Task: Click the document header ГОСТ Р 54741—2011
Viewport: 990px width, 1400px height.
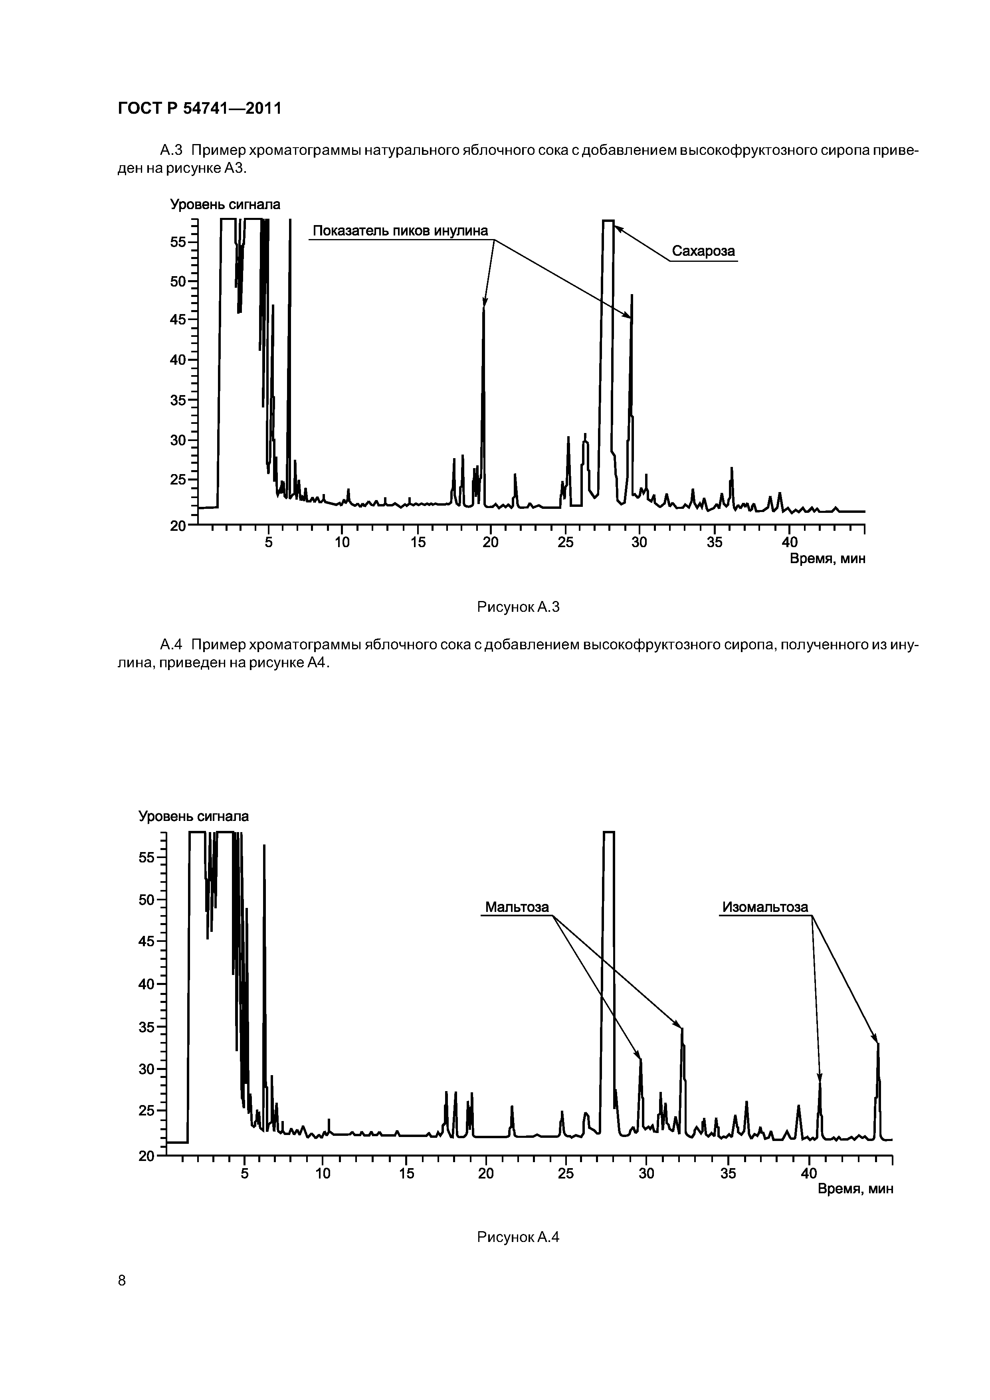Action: point(200,109)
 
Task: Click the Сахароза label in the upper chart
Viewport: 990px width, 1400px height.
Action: point(703,251)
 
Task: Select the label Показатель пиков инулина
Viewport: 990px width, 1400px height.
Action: point(400,231)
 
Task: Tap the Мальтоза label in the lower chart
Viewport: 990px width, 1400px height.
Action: point(517,907)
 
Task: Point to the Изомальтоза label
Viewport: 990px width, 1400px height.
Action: point(765,907)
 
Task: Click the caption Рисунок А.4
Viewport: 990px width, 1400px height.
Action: point(518,1237)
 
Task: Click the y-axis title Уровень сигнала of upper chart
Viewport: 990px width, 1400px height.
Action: point(225,205)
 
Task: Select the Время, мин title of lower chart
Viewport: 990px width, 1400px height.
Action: point(855,1189)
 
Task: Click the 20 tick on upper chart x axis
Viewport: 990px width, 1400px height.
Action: point(491,542)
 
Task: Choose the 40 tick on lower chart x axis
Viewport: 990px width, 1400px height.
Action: point(809,1173)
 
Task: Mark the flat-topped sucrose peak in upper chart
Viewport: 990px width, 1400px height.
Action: point(608,221)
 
